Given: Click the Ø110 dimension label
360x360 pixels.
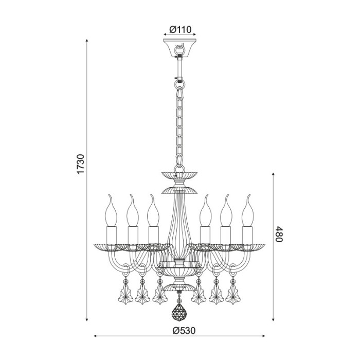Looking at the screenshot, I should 181,29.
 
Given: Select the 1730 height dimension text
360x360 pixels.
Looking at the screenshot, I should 81,164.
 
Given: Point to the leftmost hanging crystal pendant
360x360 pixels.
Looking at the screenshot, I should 124,294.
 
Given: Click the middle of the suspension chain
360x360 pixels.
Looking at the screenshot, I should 180,123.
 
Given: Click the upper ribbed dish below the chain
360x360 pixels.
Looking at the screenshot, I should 179,175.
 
